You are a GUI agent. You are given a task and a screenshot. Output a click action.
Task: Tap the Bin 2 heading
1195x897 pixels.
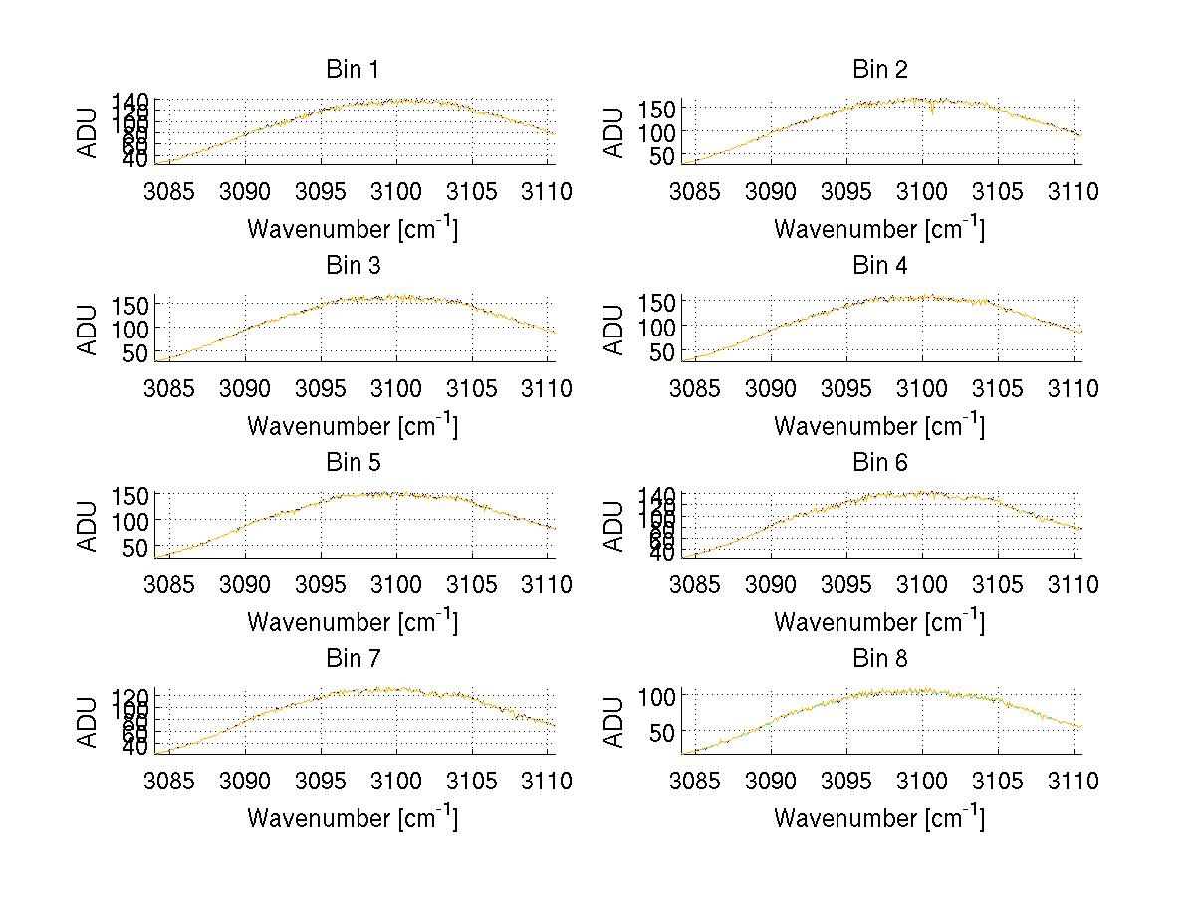point(879,70)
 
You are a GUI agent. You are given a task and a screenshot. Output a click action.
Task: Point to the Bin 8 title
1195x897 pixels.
point(879,659)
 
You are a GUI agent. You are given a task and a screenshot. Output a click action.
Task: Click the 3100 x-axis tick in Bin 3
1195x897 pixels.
point(396,387)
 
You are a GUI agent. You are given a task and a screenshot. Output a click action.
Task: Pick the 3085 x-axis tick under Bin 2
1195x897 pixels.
point(694,191)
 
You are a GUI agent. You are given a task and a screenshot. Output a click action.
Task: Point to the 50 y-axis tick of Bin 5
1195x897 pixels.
point(137,547)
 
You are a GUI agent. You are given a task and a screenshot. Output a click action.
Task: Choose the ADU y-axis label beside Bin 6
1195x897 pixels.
point(615,525)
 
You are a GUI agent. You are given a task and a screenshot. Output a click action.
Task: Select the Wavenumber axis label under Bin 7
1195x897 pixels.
point(352,818)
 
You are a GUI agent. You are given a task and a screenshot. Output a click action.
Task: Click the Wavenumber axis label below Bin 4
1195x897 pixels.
point(879,425)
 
